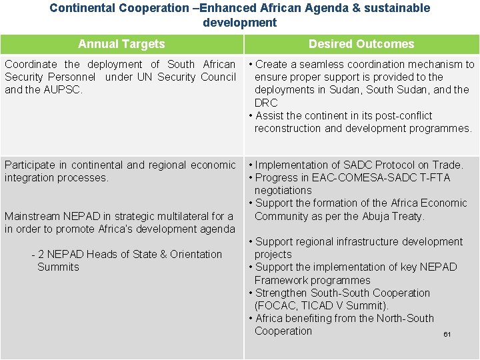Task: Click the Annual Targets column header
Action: (121, 44)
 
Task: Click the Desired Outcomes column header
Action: (361, 44)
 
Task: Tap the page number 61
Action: (447, 334)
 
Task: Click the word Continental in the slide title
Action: (83, 8)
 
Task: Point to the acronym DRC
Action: (266, 103)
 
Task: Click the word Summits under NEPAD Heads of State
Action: (58, 267)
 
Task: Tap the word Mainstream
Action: (31, 216)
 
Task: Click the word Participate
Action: (30, 165)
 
